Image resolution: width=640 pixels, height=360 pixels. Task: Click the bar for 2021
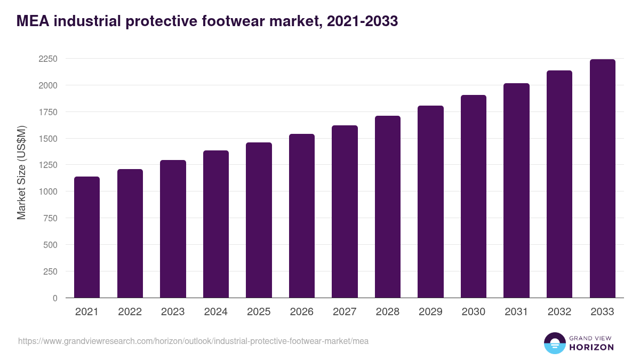click(x=87, y=237)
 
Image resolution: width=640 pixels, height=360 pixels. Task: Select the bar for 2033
click(x=602, y=179)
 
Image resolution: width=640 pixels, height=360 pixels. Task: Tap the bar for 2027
click(x=345, y=212)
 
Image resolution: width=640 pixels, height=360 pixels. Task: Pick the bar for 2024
click(x=216, y=224)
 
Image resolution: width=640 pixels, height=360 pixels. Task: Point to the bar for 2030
click(x=474, y=196)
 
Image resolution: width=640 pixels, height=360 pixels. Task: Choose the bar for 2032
click(x=559, y=184)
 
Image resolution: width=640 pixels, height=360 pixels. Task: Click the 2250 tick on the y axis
click(x=48, y=59)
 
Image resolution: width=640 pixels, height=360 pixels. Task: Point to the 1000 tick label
click(x=48, y=191)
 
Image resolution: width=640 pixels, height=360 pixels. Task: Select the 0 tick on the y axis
click(x=55, y=298)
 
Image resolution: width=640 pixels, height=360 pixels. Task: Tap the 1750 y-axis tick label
click(x=48, y=112)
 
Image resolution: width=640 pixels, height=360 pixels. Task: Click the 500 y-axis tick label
click(x=50, y=245)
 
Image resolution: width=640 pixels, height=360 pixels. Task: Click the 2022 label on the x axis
click(x=130, y=312)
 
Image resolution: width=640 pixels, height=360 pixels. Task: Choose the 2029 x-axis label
click(x=430, y=312)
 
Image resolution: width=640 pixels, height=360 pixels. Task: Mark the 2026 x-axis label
click(x=302, y=312)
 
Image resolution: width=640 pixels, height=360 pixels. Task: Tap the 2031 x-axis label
click(x=516, y=312)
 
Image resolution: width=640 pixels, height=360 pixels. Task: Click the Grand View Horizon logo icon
click(x=554, y=343)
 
